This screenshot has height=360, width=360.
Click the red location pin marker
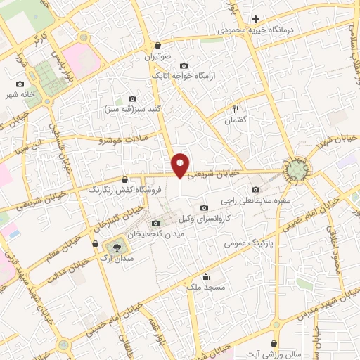[181, 165]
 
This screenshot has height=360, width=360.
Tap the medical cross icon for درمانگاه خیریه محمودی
[256, 19]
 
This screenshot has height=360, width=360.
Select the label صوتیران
[159, 55]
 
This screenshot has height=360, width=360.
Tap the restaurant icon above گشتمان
[236, 110]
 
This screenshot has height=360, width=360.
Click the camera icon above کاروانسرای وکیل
[204, 207]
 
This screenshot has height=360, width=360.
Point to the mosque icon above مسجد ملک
[205, 276]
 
